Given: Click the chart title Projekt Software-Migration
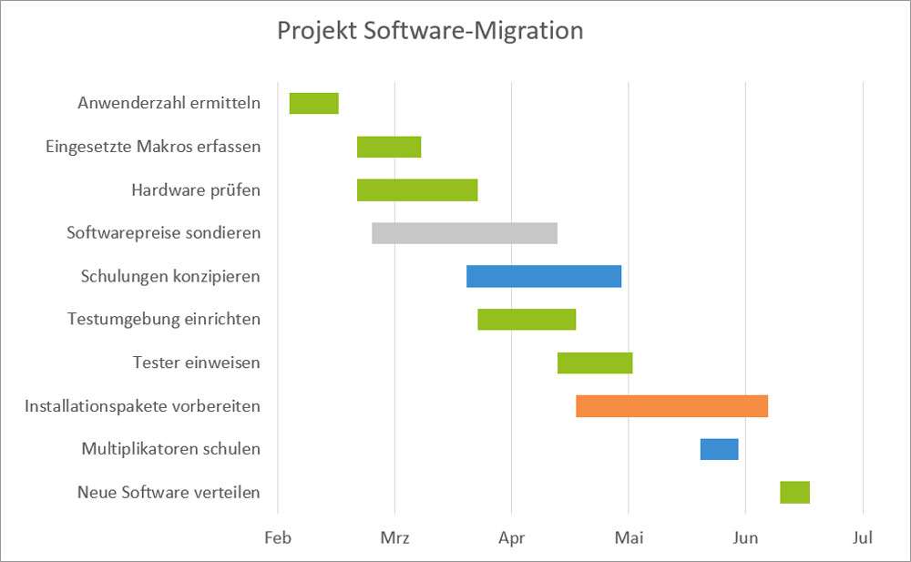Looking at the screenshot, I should [x=429, y=31].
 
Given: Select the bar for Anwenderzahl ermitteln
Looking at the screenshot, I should [x=313, y=103].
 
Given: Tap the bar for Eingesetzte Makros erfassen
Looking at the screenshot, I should [x=389, y=147].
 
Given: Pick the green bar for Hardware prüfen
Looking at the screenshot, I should [x=417, y=189].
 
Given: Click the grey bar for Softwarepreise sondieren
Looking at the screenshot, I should [x=465, y=233].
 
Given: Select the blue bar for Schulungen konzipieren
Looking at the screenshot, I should [x=544, y=276].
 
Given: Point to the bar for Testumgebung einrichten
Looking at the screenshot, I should [x=527, y=319].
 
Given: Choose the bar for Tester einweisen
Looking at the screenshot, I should [x=595, y=363].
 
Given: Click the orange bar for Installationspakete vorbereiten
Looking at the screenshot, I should [x=672, y=405].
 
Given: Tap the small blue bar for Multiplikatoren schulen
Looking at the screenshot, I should [x=719, y=449].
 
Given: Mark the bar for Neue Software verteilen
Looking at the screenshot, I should [x=794, y=492].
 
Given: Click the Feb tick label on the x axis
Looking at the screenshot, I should [x=278, y=538].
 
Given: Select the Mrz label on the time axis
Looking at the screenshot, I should [x=394, y=538].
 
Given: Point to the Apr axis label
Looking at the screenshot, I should [x=512, y=538].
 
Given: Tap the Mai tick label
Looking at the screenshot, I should [x=629, y=538].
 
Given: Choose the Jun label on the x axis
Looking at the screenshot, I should [x=745, y=538].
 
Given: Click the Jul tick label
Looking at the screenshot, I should [x=863, y=538].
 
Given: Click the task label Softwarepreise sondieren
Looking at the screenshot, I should [x=164, y=233].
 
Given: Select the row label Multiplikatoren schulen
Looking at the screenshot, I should [x=171, y=449].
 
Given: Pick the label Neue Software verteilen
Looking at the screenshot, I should [x=169, y=493].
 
